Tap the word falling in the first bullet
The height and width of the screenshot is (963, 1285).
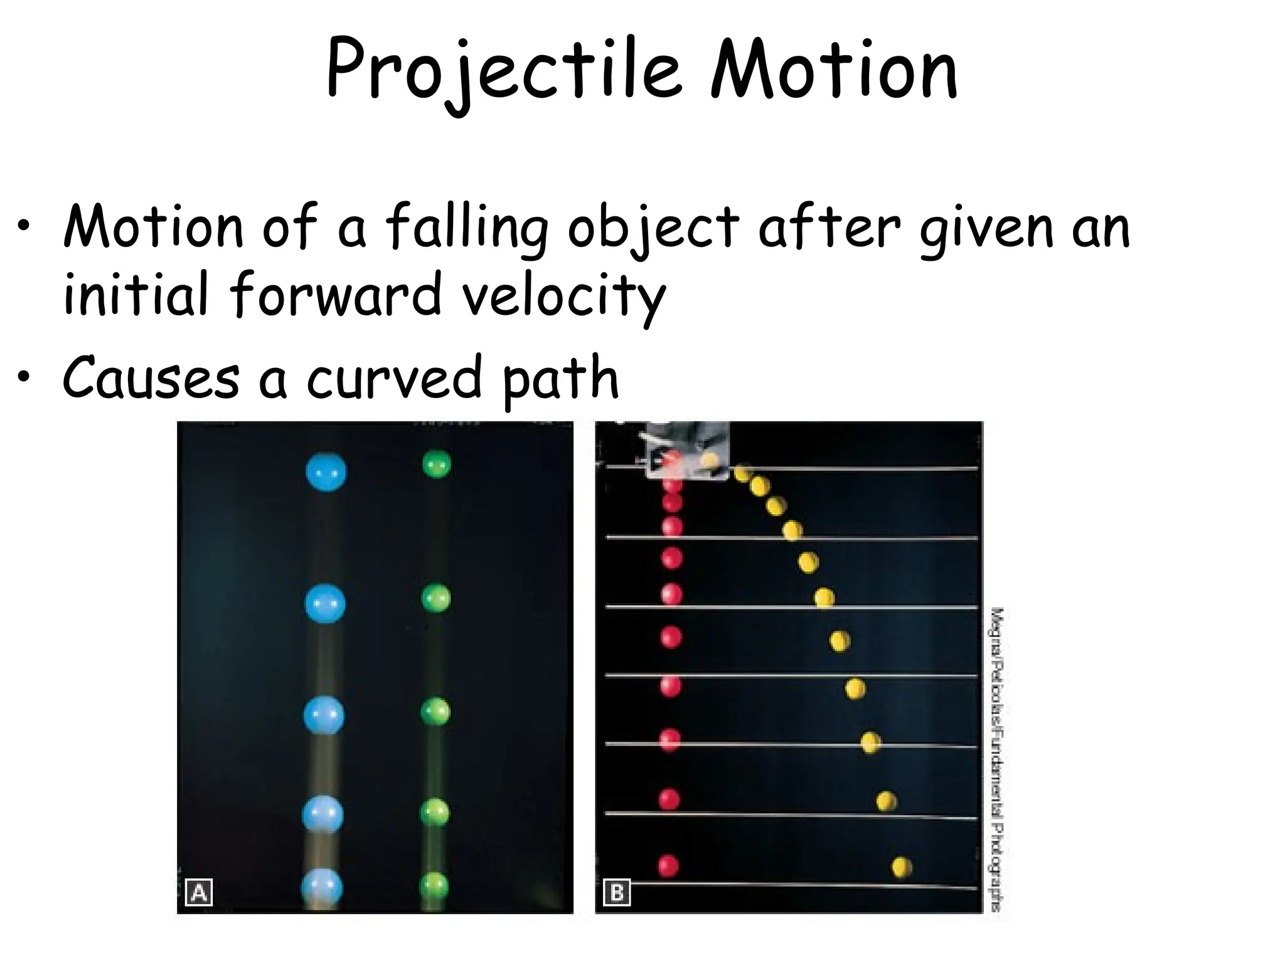click(466, 227)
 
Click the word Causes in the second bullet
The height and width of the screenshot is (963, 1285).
click(151, 378)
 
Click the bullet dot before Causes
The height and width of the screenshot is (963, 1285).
click(23, 378)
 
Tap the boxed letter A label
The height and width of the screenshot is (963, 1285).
click(199, 892)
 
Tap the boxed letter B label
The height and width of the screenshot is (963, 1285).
click(616, 892)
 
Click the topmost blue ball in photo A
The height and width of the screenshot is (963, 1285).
click(326, 472)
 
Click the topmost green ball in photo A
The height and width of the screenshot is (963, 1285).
click(436, 465)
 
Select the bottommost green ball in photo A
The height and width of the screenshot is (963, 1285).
click(435, 885)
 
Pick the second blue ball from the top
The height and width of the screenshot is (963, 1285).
click(325, 603)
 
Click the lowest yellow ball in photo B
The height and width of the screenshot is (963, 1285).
click(902, 867)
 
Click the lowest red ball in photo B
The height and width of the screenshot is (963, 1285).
click(668, 866)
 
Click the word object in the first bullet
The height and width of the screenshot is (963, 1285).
click(653, 227)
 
